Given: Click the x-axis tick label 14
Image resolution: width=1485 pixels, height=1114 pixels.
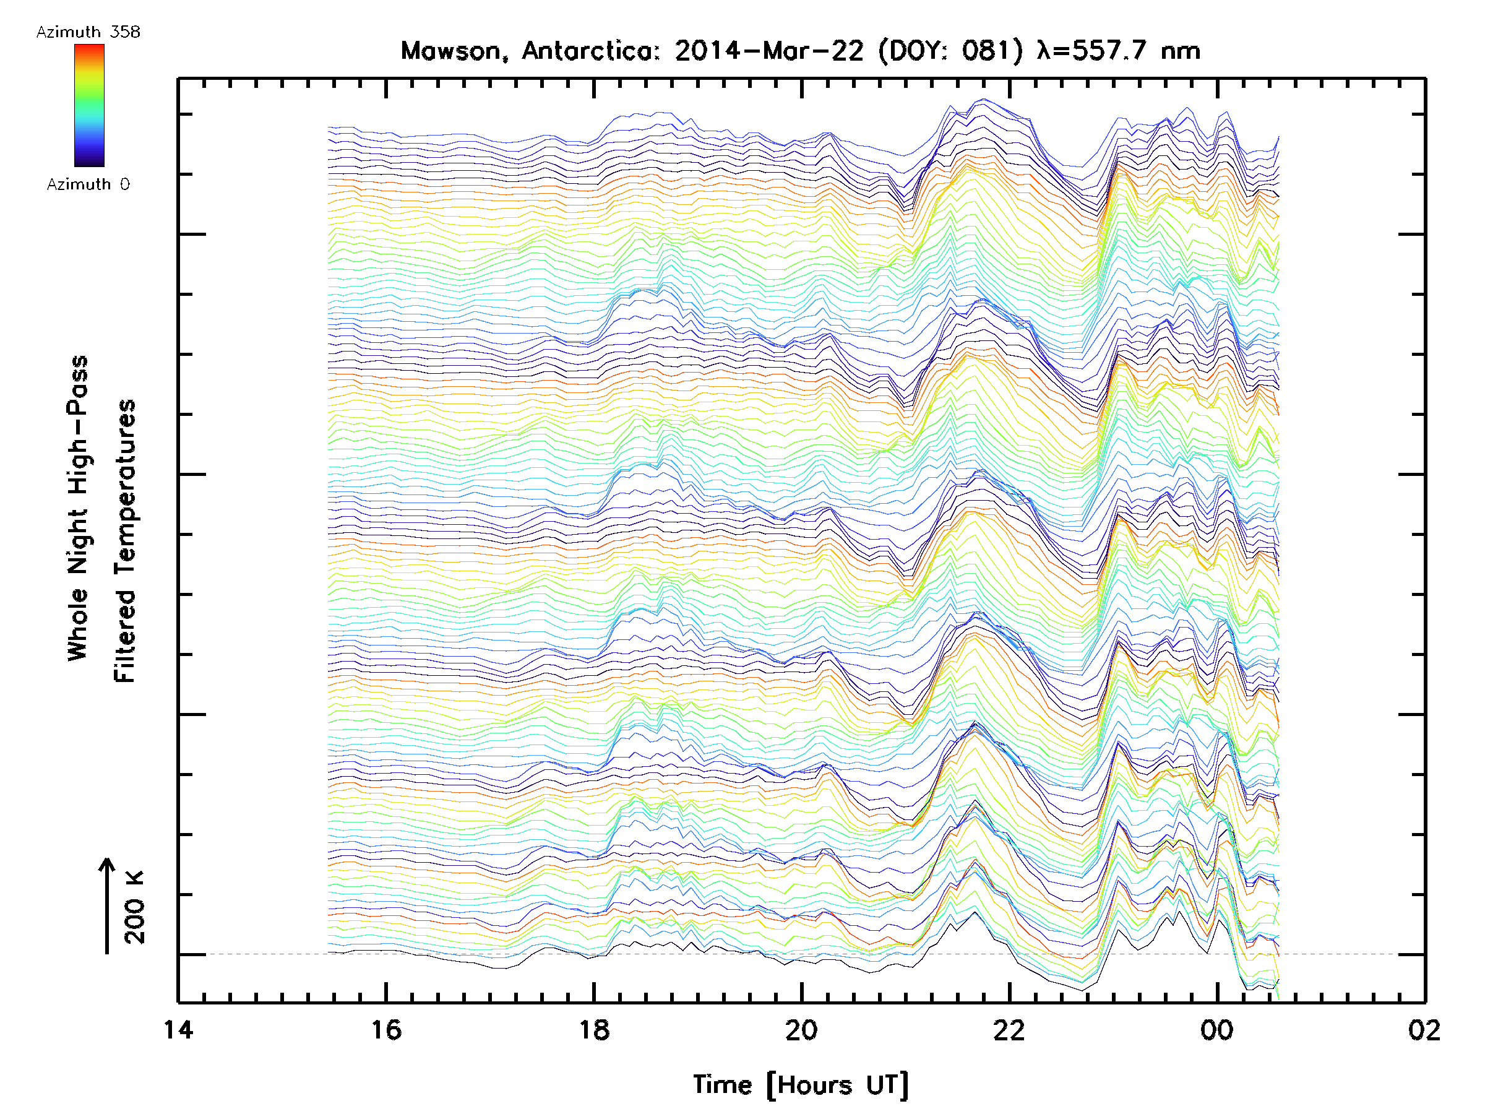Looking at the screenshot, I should point(178,1029).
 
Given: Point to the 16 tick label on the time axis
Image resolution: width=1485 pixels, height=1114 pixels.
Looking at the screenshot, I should point(386,1029).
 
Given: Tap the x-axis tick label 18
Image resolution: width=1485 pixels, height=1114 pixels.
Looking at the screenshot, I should point(593,1029).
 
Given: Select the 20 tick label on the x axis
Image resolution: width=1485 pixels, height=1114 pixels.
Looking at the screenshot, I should point(801,1029).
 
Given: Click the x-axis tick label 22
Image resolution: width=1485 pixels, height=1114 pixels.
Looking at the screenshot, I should point(1009,1029).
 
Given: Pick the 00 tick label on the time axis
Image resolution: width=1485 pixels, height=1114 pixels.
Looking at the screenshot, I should point(1216,1029).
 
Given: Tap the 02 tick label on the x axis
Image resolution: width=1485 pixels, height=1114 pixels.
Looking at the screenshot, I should point(1424,1029).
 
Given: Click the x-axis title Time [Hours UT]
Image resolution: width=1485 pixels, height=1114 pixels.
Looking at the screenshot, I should point(801,1084).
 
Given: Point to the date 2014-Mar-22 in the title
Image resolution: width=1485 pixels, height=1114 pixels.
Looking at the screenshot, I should point(768,51).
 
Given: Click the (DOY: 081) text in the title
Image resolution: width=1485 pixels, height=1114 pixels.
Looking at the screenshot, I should point(950,51).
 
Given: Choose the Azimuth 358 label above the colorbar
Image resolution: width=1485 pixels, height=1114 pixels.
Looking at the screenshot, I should point(88,32).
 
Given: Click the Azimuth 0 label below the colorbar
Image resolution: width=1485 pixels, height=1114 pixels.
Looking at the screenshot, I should point(88,184).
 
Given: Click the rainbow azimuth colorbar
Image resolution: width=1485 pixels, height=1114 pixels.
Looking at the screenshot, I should point(88,105).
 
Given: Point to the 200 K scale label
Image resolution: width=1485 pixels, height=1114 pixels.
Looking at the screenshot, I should point(135,907).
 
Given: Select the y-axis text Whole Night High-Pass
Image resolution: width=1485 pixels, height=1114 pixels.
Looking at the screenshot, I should point(78,507).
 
